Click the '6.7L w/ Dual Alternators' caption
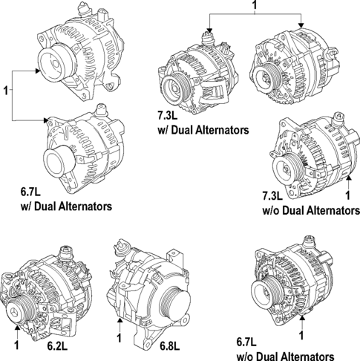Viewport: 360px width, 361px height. pos(66,198)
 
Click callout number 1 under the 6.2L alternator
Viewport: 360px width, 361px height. pos(16,345)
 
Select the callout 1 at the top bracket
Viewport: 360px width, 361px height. pos(255,6)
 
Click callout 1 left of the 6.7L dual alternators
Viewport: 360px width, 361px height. pos(6,91)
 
